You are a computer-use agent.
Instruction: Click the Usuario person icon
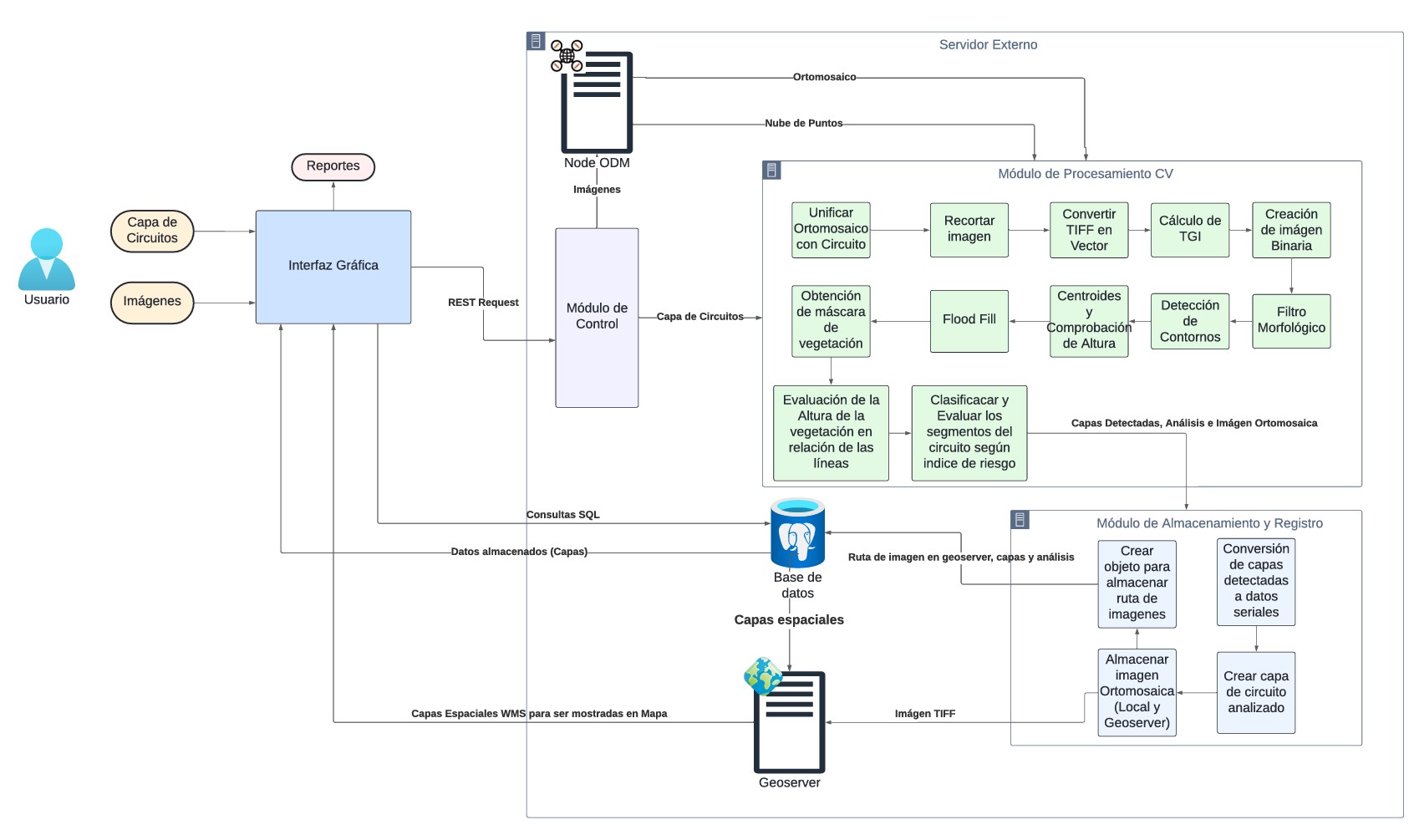[x=47, y=259]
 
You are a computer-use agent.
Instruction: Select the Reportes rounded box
[x=333, y=166]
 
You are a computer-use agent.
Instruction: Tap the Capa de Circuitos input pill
[x=152, y=231]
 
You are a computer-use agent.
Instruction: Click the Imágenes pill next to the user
[x=152, y=302]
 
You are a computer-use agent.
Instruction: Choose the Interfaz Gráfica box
[x=333, y=266]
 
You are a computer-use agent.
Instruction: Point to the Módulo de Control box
[x=597, y=317]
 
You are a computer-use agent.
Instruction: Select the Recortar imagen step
[x=969, y=229]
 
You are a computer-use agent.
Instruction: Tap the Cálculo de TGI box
[x=1189, y=229]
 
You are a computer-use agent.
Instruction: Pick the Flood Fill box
[x=969, y=320]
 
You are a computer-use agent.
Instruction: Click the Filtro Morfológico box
[x=1290, y=320]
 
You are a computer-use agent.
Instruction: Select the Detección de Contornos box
[x=1189, y=320]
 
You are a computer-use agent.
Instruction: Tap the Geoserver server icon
[x=789, y=721]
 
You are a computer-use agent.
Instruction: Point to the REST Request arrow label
[x=483, y=303]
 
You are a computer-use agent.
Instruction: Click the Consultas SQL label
[x=562, y=515]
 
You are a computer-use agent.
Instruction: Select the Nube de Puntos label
[x=803, y=124]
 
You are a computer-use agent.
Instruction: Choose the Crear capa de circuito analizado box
[x=1255, y=692]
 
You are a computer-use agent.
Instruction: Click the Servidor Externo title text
[x=988, y=45]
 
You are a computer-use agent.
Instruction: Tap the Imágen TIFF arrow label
[x=924, y=714]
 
